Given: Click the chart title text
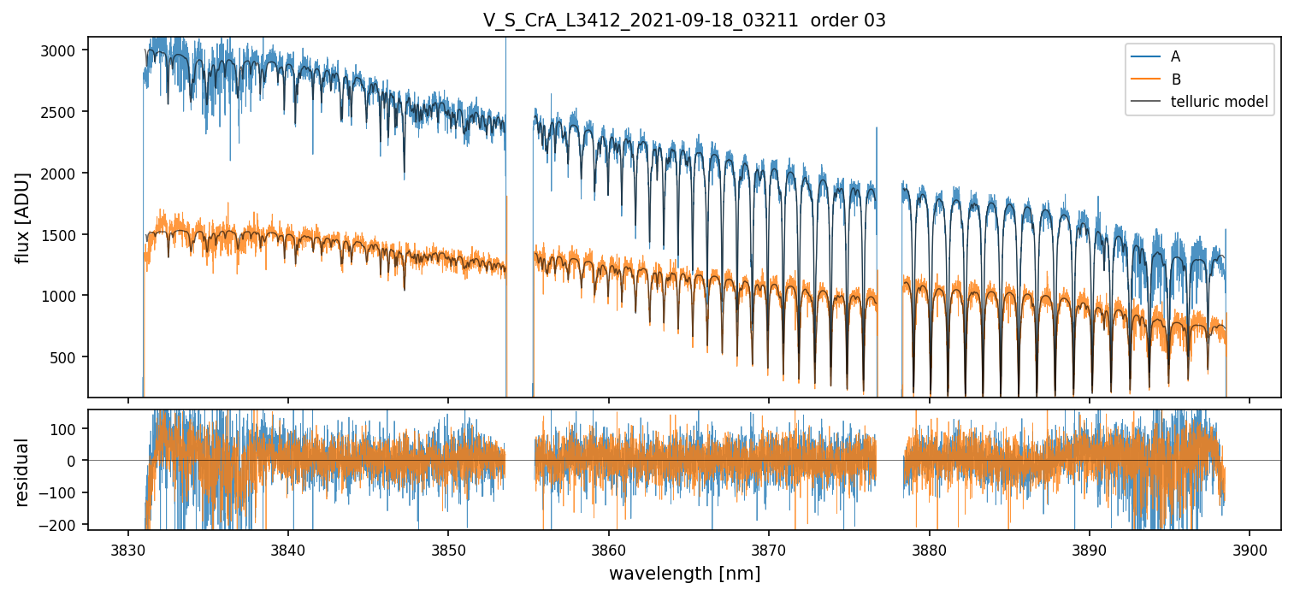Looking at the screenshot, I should click(x=684, y=21).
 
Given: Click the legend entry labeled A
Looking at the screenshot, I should click(x=1175, y=56).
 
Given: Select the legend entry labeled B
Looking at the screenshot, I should click(x=1175, y=80).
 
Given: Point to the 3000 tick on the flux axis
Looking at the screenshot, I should click(x=63, y=50).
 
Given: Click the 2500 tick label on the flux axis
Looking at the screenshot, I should click(x=63, y=112).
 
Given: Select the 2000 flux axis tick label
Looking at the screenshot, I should click(x=63, y=174).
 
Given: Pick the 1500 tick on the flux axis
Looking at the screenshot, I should click(x=63, y=235).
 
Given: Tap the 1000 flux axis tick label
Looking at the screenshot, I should click(x=63, y=296).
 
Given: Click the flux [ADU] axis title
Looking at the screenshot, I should click(x=23, y=217).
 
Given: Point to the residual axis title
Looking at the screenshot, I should click(x=23, y=471).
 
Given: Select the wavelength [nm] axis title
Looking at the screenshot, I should click(x=684, y=574).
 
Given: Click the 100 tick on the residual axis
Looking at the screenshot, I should click(x=67, y=428).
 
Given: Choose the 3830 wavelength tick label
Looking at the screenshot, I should click(x=128, y=549).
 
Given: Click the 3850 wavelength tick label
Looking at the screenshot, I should click(x=449, y=549).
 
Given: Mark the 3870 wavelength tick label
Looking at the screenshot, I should click(x=769, y=549).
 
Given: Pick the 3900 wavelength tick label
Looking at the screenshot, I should click(x=1250, y=549).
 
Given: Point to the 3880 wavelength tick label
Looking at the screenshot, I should click(x=929, y=549).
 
